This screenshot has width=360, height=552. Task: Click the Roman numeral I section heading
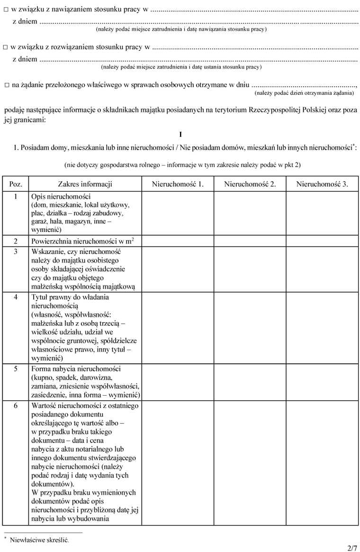pyautogui.click(x=180, y=134)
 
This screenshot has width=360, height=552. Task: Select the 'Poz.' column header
pyautogui.click(x=16, y=184)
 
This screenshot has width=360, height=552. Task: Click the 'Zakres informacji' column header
pyautogui.click(x=85, y=184)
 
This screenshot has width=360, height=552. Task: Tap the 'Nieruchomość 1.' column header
pyautogui.click(x=178, y=184)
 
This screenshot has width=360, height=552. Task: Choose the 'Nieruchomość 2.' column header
pyautogui.click(x=250, y=184)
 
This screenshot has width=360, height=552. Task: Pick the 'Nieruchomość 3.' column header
pyautogui.click(x=322, y=184)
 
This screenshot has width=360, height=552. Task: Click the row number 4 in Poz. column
pyautogui.click(x=16, y=297)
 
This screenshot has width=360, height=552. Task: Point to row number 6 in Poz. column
pyautogui.click(x=16, y=406)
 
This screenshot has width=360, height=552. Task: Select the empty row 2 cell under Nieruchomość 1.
pyautogui.click(x=178, y=241)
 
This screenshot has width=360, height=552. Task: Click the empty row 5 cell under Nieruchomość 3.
pyautogui.click(x=322, y=381)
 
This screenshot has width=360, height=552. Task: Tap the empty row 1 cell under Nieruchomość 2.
pyautogui.click(x=250, y=213)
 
